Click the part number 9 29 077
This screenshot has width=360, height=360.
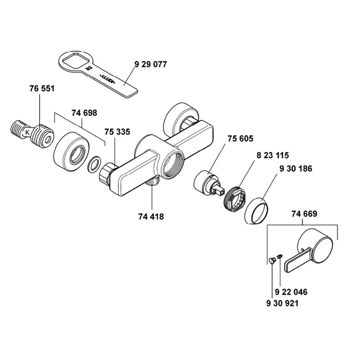coord(151,64)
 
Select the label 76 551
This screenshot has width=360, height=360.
coord(42,89)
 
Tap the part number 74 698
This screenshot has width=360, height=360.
coord(84,113)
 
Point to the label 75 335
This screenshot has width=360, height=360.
coord(117,132)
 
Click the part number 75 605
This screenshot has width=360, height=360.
coord(240,139)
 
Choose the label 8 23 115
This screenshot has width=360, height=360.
coord(273,156)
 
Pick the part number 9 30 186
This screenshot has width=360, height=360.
coord(296,169)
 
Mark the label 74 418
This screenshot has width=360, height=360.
coord(151,217)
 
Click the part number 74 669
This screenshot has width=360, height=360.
coord(304,214)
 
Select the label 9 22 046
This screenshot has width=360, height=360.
coord(291,292)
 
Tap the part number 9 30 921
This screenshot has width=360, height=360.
coord(282,303)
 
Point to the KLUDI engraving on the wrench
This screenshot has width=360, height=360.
coord(108,79)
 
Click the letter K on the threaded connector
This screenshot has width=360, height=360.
coord(27,132)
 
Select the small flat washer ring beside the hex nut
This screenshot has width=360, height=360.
coord(94,164)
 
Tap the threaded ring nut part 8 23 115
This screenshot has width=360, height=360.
coord(235,198)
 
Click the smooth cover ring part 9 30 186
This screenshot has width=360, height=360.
coord(256,210)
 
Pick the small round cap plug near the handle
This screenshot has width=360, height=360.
coord(272,261)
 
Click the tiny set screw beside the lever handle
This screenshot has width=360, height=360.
coord(279,256)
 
